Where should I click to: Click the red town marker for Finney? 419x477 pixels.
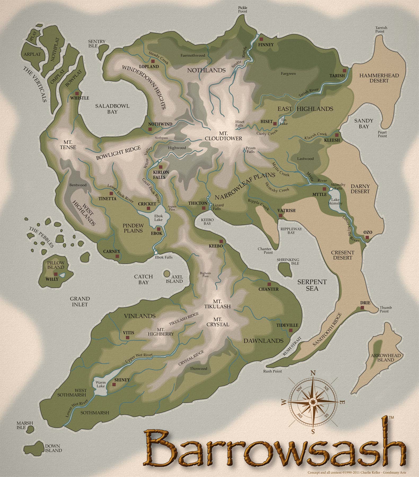(261, 39)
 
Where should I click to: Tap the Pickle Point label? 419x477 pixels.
(242, 10)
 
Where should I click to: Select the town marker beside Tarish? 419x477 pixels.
(345, 71)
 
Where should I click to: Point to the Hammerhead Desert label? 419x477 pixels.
(379, 78)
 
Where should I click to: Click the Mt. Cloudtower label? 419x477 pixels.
(223, 136)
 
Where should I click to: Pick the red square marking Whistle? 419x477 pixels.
(77, 93)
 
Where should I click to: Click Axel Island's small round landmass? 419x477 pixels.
(167, 273)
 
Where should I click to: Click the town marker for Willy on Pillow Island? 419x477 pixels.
(56, 274)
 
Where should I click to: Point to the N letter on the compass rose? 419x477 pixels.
(313, 373)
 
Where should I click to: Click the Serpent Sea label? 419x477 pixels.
(312, 285)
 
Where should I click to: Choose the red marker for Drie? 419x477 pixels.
(362, 308)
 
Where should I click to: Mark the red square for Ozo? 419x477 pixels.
(367, 237)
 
